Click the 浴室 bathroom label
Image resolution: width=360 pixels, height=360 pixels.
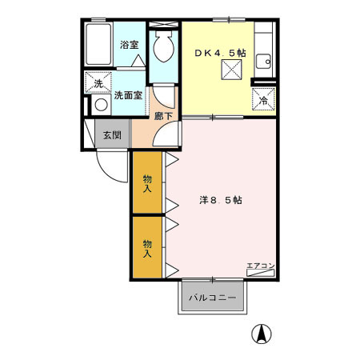pos(130,45)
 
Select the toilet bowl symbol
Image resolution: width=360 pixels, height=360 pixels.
pos(163,48)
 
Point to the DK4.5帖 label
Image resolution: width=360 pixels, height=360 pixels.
pos(221,53)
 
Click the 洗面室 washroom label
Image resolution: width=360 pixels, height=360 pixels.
pos(127,95)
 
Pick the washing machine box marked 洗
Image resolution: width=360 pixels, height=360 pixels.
pos(98,83)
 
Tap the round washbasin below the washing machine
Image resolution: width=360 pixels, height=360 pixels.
pos(101,105)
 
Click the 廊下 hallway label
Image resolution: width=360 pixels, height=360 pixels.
pos(163,114)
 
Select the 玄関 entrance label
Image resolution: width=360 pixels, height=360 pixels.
pos(112,134)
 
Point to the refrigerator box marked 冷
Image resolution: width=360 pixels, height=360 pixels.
pos(263,100)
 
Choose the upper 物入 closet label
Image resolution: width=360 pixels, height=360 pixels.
pos(148,183)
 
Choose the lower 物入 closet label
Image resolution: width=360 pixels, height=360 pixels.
pos(148,248)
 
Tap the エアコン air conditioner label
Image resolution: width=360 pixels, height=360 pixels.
pos(261,266)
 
